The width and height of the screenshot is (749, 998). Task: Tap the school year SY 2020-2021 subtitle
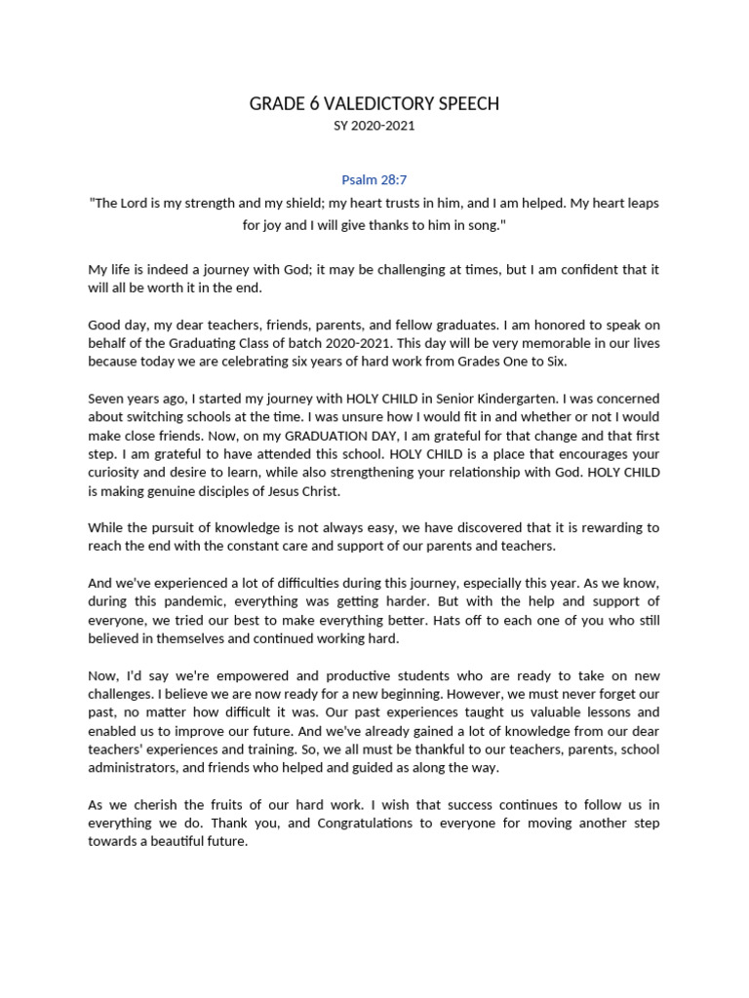(374, 126)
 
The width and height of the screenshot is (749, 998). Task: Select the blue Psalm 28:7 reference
(374, 180)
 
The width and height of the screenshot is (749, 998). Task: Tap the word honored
(525, 325)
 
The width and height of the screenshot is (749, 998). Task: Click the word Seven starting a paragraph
(108, 399)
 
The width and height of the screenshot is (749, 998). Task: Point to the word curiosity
(118, 473)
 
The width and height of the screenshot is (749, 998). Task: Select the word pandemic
(215, 601)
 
